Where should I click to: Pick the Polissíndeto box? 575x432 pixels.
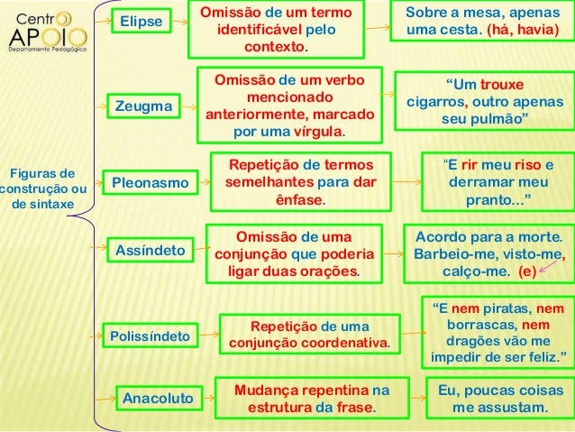[150, 336]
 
